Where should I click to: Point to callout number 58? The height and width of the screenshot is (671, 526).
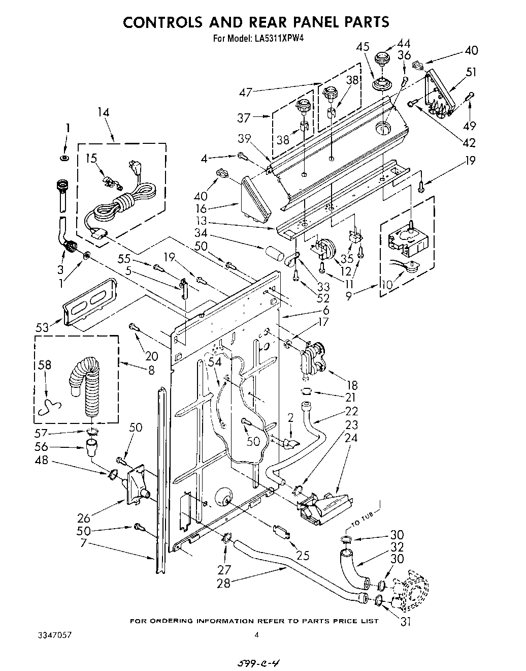[x=44, y=366]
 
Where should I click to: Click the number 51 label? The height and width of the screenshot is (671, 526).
[x=471, y=72]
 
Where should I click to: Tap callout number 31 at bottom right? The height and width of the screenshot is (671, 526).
[x=405, y=621]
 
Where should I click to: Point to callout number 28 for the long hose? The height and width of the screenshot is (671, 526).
[x=223, y=583]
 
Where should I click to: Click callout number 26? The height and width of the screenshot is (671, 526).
[x=84, y=518]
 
